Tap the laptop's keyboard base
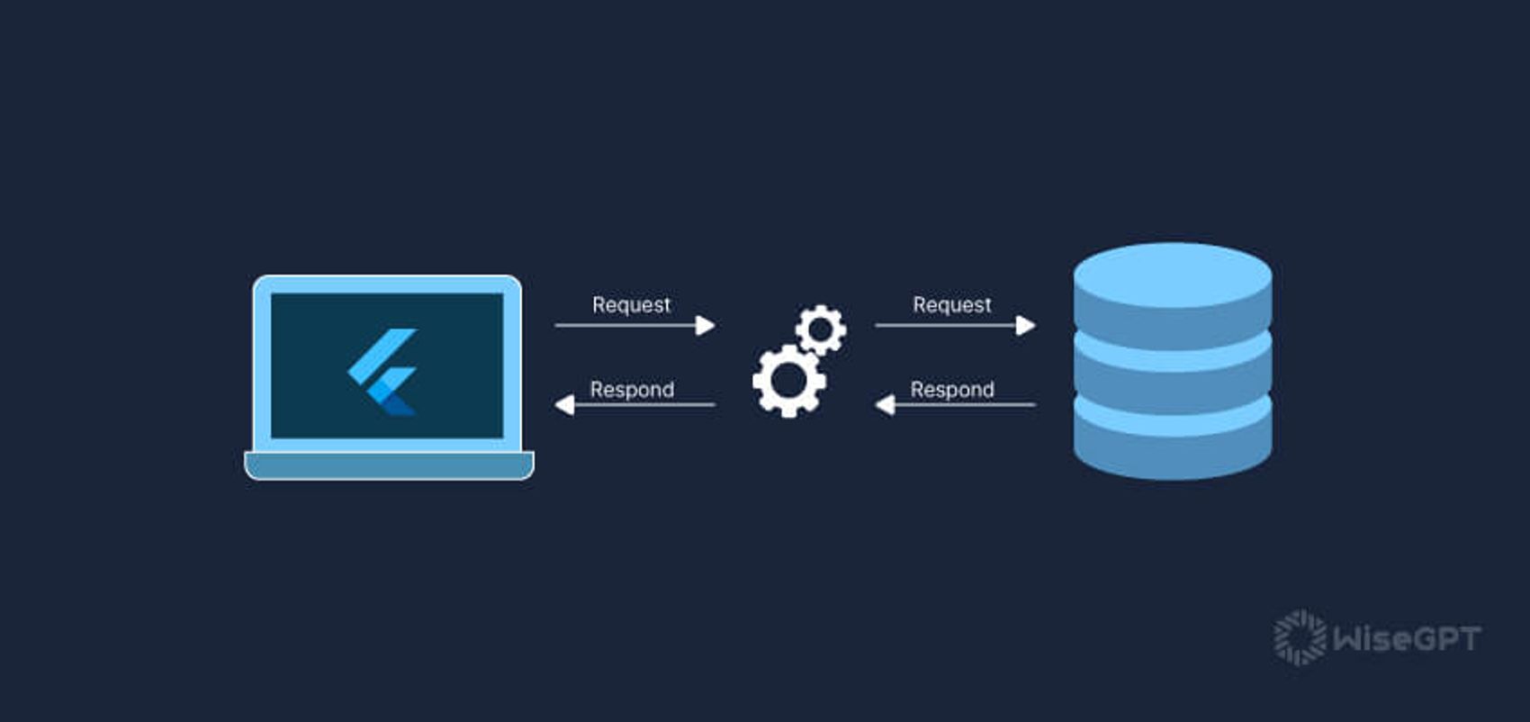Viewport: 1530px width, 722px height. (x=389, y=465)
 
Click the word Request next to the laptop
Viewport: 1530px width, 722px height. (x=631, y=305)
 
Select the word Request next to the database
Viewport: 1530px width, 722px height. (x=951, y=305)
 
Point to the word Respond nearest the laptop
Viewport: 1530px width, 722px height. (x=631, y=390)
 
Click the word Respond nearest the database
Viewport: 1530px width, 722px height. (x=951, y=390)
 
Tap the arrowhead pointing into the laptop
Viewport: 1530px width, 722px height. (x=564, y=405)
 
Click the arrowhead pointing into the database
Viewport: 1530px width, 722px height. (x=1026, y=325)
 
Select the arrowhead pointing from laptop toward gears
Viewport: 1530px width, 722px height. (x=706, y=325)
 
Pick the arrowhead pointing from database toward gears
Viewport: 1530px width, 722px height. (x=885, y=405)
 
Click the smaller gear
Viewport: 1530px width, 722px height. (x=821, y=329)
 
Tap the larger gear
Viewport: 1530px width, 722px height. (x=789, y=381)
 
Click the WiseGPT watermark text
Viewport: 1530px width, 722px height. (x=1407, y=639)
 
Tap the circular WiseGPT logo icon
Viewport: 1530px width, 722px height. (x=1300, y=638)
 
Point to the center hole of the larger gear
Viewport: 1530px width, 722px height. (x=789, y=381)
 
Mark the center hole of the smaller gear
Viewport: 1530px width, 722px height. (x=821, y=329)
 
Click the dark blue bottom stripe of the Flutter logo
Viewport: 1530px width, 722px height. (x=399, y=407)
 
